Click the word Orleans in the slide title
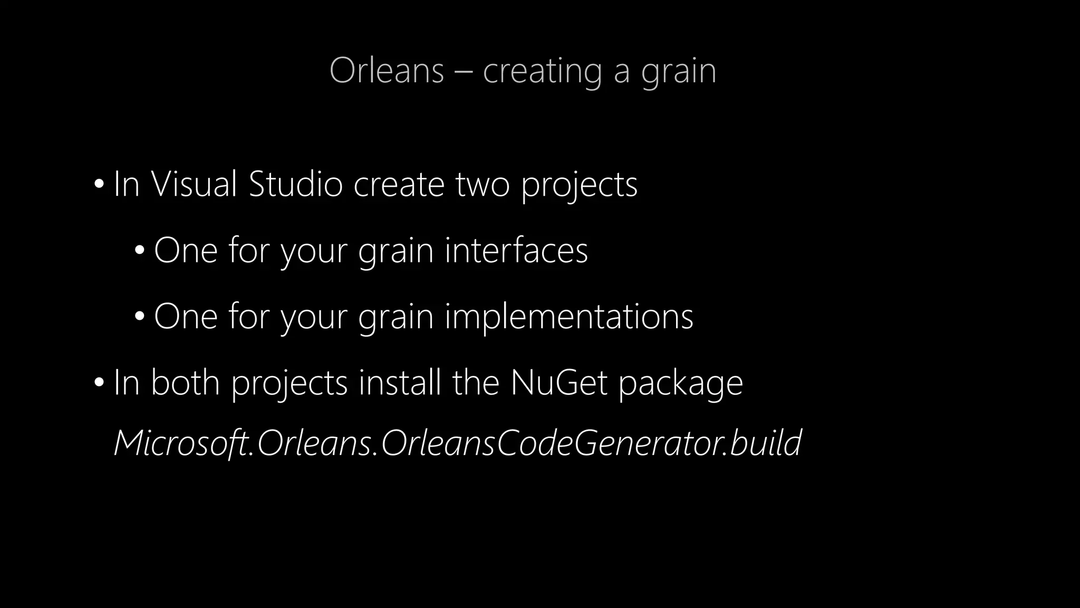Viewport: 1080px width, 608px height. pos(387,70)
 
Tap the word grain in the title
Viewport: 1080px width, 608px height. pos(679,71)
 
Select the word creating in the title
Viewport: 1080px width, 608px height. pos(542,71)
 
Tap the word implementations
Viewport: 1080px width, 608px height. pos(569,317)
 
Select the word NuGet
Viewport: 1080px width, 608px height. pos(558,382)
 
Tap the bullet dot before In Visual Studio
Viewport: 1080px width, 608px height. pos(99,185)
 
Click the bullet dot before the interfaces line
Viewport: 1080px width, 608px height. pos(139,251)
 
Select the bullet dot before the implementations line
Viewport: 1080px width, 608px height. pos(139,317)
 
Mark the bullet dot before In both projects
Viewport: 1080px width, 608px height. pos(99,383)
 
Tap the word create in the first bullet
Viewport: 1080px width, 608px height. pos(399,185)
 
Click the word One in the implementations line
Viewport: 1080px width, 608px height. pos(186,317)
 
